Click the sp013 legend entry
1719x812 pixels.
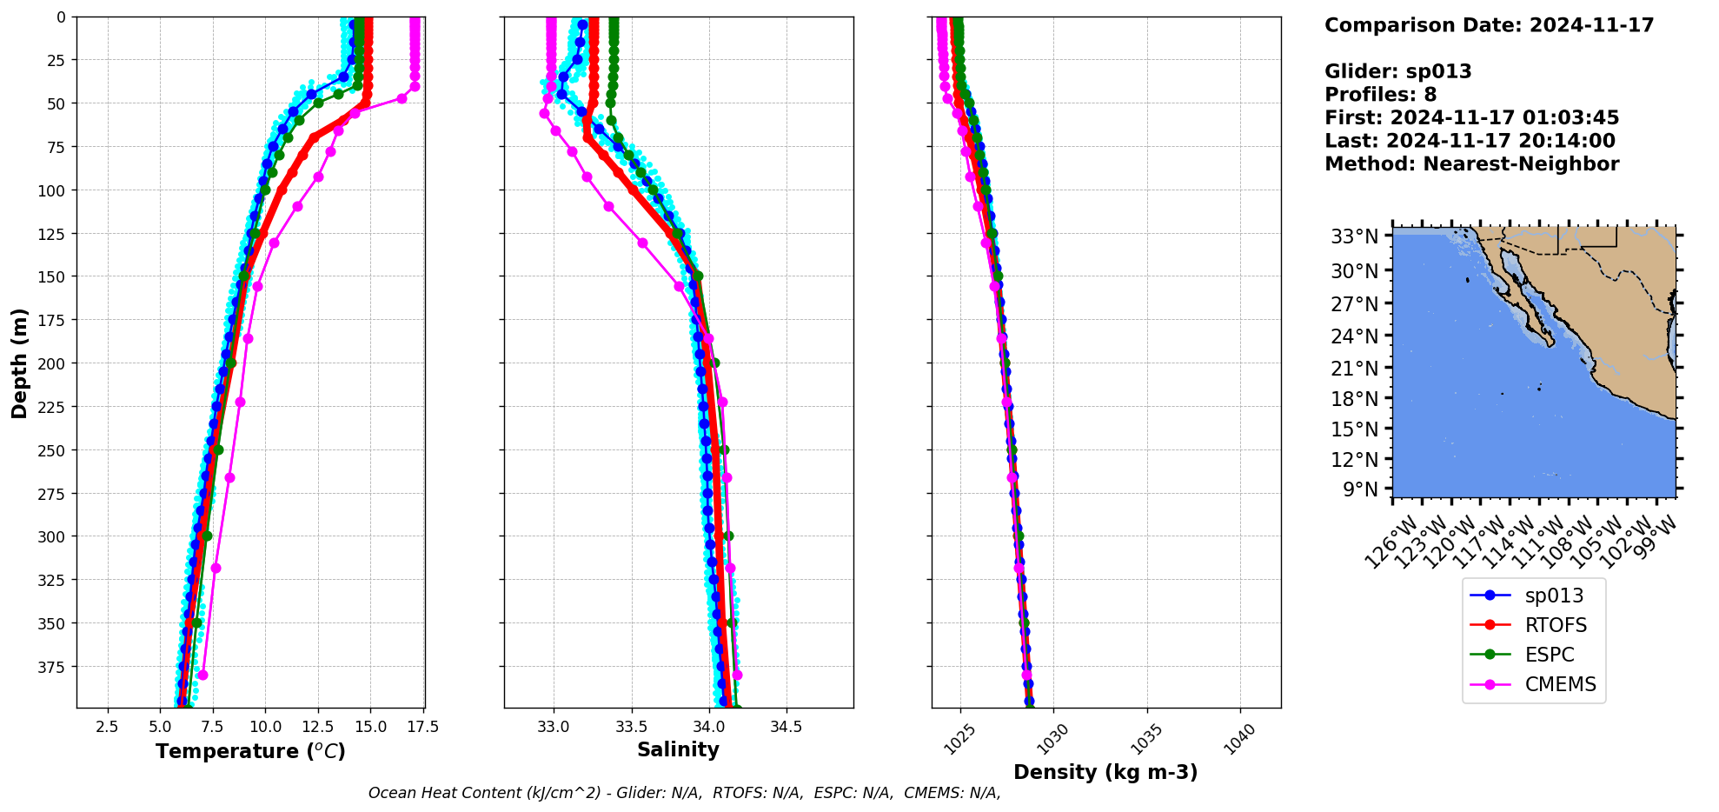point(1553,596)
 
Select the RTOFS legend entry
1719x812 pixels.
point(1555,625)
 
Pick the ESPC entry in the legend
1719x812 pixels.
point(1549,655)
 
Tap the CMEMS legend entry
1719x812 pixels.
point(1560,684)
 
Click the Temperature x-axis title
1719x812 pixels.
point(250,751)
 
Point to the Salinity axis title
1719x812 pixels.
point(678,749)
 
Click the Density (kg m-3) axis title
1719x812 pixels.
point(1105,772)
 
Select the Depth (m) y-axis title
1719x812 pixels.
point(19,363)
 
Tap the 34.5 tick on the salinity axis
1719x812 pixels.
point(786,727)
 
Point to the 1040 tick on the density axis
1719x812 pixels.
point(1240,740)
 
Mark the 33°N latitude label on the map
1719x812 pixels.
point(1354,236)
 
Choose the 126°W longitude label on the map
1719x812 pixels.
point(1388,543)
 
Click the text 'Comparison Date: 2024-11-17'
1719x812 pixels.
point(1489,25)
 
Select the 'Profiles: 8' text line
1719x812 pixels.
point(1380,95)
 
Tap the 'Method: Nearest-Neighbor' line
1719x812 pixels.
point(1471,164)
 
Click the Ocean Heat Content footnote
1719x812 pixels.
point(684,793)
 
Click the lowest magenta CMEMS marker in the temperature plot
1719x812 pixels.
point(202,675)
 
